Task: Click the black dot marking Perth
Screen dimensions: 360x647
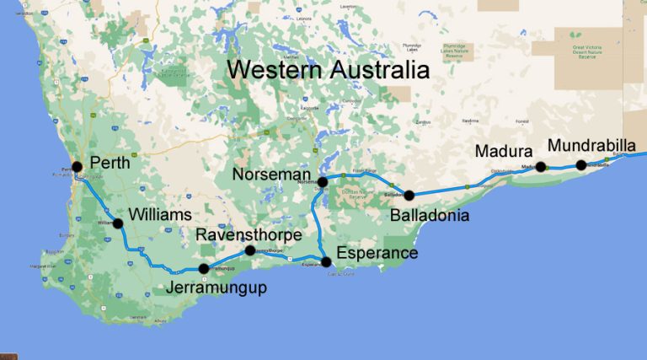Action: [77, 166]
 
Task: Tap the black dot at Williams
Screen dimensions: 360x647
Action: [118, 223]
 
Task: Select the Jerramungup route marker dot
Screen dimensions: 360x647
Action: [204, 268]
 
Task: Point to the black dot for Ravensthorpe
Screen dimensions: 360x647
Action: [249, 250]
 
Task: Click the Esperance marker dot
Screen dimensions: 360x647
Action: [327, 261]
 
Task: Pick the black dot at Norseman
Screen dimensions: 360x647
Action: [322, 181]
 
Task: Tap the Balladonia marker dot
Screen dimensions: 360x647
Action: [409, 195]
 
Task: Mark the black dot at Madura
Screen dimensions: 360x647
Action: [541, 166]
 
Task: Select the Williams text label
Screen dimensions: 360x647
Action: [163, 215]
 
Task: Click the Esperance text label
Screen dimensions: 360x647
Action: [377, 253]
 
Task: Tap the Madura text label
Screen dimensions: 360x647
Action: [503, 152]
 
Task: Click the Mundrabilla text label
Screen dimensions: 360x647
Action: [591, 145]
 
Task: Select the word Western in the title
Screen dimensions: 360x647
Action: [282, 69]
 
